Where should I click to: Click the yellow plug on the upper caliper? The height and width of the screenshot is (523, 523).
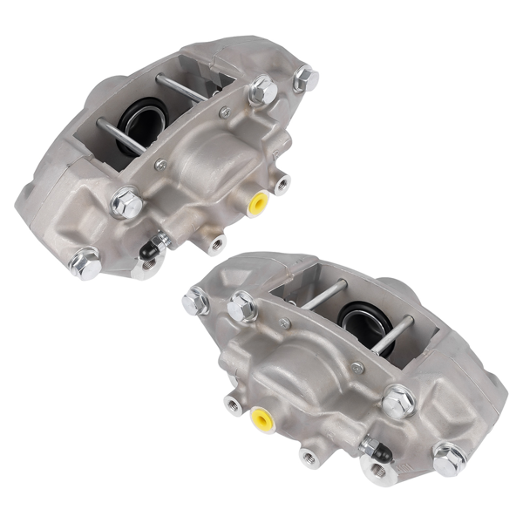tap(258, 204)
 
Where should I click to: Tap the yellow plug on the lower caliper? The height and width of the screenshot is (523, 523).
tap(261, 421)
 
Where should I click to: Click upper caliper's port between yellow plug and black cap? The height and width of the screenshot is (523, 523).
tap(214, 241)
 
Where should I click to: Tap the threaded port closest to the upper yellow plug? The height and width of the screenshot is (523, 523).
tap(282, 183)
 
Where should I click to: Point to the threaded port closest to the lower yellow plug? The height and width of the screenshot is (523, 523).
tap(233, 404)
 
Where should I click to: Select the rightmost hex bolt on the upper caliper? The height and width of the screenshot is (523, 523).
tap(305, 79)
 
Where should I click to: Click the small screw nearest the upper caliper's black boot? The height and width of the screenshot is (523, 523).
tap(160, 164)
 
